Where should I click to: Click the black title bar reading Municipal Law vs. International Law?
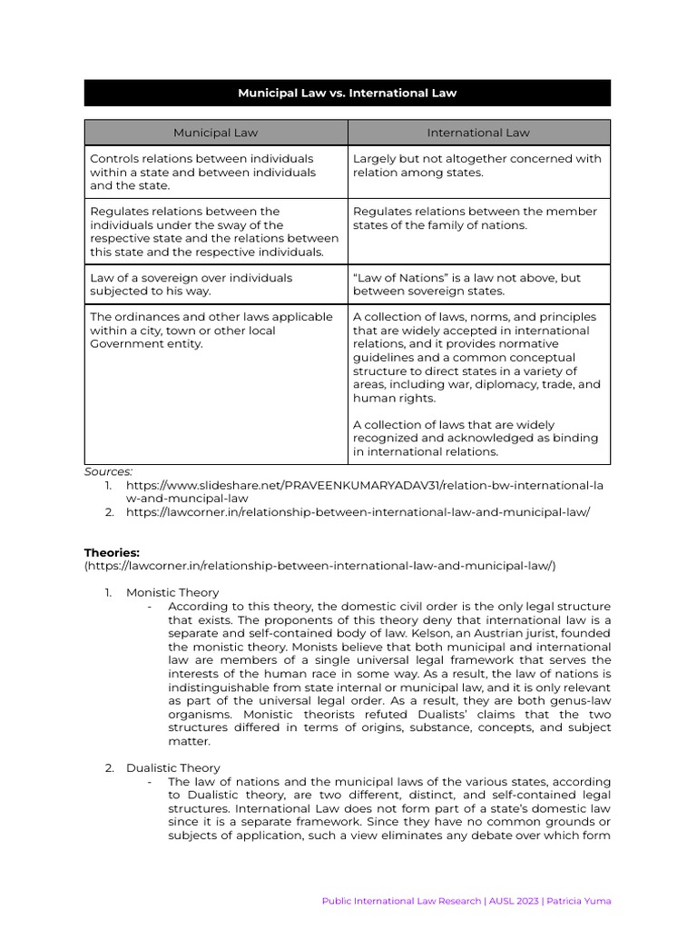(x=348, y=93)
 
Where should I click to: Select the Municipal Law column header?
(x=215, y=133)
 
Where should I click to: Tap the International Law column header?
(x=478, y=133)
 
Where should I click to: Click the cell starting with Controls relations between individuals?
(x=215, y=172)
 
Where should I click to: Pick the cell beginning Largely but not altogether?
(x=478, y=165)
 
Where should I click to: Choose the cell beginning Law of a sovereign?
(x=215, y=284)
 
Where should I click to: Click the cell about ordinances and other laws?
(x=215, y=331)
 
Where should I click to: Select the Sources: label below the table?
(x=108, y=471)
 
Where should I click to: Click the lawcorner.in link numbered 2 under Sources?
(x=358, y=512)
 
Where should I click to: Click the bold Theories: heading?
(x=113, y=552)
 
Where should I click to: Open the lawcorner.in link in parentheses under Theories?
(x=319, y=565)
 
